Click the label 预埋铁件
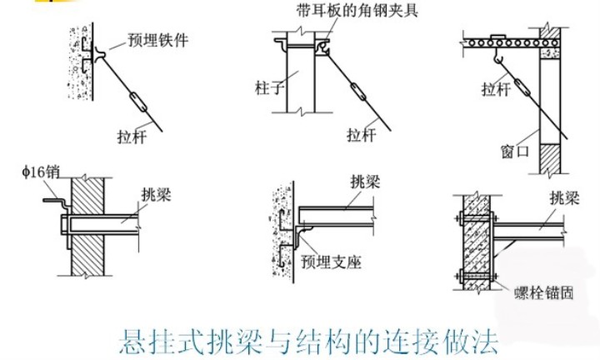click(x=158, y=39)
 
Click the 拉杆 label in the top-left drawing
click(x=132, y=136)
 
